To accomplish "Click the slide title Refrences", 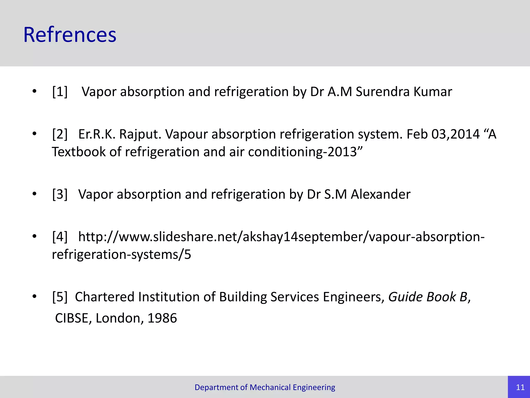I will point(70,35).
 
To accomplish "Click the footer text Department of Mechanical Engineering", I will point(265,387).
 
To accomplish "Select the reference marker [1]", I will point(60,92).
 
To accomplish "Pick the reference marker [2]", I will point(60,134).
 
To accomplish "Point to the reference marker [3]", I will point(60,194).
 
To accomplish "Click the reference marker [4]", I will point(60,237).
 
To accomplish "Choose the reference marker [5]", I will point(60,297).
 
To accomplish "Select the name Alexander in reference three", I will point(380,194).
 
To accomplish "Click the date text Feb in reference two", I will point(417,134).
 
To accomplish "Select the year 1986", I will point(162,318).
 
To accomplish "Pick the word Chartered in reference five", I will point(105,297).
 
